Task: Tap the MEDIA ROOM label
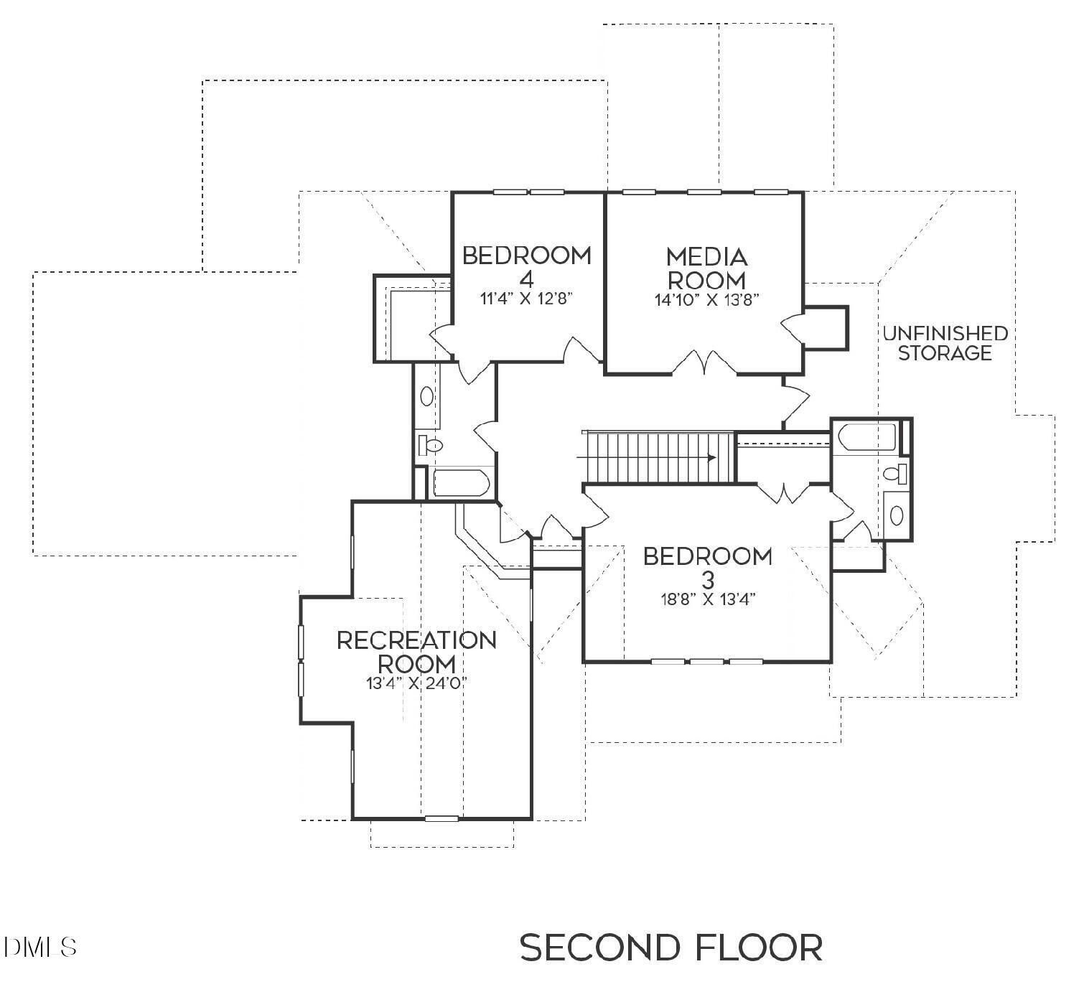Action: tap(706, 268)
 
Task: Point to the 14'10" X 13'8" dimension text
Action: tap(706, 300)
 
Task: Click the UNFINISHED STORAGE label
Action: tap(945, 343)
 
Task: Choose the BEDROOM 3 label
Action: tap(707, 566)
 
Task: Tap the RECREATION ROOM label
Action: tap(416, 651)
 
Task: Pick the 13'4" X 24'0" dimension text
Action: tap(416, 683)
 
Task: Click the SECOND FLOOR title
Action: tap(671, 947)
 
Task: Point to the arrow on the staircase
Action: tap(709, 457)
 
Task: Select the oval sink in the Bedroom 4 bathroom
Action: tap(427, 396)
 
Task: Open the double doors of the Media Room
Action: tap(704, 362)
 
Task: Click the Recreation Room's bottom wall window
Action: tap(441, 818)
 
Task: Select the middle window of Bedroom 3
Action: tap(706, 661)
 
